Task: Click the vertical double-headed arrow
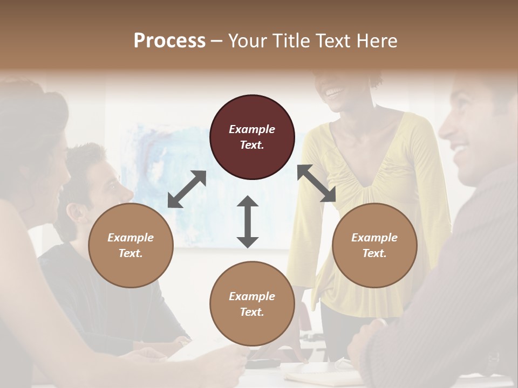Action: tap(248, 221)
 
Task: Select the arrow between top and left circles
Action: tap(187, 189)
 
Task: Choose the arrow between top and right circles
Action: tap(316, 183)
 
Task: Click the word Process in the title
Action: tap(169, 40)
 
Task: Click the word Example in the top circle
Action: tap(252, 129)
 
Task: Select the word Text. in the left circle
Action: tap(131, 253)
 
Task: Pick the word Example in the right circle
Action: tap(374, 238)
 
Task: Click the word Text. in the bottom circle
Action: tap(252, 312)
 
